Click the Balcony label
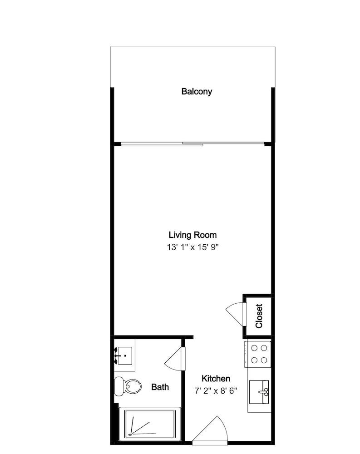point(197,92)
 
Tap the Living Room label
point(192,235)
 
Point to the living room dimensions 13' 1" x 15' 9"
point(192,247)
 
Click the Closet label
point(259,316)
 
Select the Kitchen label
point(216,379)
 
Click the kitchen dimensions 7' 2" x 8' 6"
point(216,391)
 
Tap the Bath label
point(160,387)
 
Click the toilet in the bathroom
point(128,386)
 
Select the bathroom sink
point(123,356)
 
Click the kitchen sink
point(259,392)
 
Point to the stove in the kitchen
point(258,354)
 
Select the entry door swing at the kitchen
point(210,430)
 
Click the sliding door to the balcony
point(192,143)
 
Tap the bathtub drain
point(130,434)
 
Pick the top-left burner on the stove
point(254,348)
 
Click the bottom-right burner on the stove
point(264,360)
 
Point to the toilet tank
point(119,386)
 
